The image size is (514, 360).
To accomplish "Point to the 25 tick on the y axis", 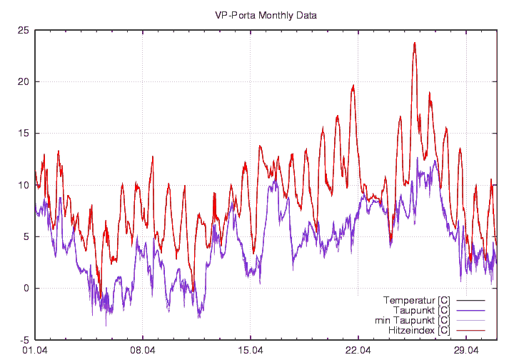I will pos(24,30).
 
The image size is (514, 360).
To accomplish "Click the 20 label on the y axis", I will pos(24,81).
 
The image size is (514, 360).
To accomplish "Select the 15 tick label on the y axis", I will pos(24,134).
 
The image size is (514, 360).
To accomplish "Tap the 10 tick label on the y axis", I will pos(24,185).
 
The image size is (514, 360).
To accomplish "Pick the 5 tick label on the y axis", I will pos(26,236).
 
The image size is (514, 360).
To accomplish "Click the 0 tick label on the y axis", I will pos(26,289).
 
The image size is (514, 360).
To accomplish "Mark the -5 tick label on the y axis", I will pos(24,340).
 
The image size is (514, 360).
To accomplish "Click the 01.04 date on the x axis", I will pos(35,351).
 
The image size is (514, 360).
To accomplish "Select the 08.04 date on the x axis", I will pos(143,351).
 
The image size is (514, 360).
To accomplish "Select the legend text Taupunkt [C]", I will pos(421,310).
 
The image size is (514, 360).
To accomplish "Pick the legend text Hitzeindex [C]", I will pos(418,331).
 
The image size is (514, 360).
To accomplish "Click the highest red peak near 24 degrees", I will pos(414,43).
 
